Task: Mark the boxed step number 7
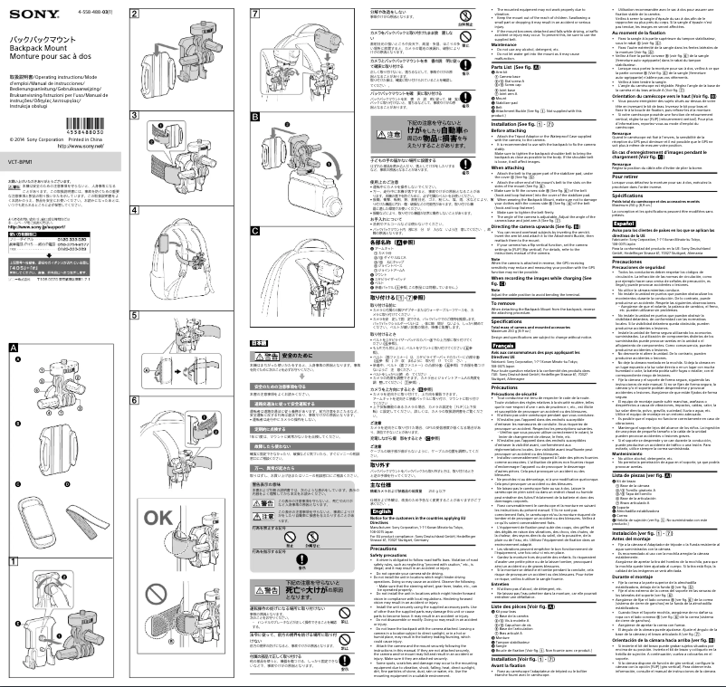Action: click(x=255, y=15)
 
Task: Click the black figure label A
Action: click(x=13, y=322)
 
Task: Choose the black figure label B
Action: click(x=255, y=117)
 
